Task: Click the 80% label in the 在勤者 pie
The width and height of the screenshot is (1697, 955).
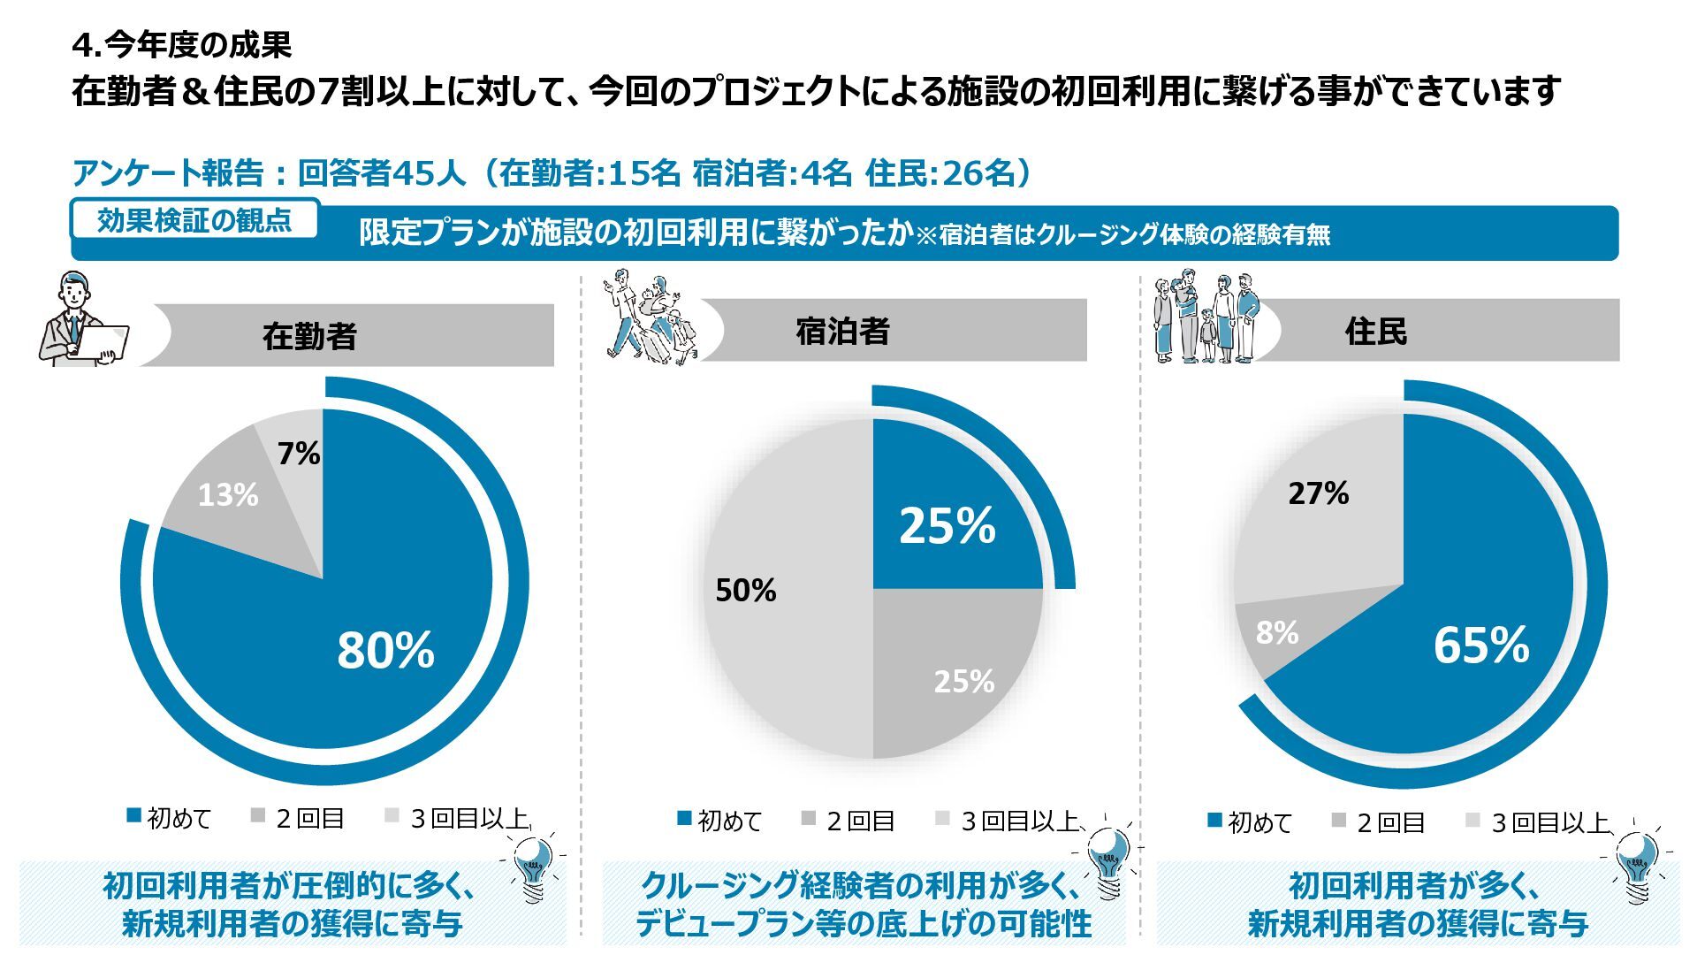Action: [x=385, y=650]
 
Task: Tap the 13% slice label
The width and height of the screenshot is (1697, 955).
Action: [x=228, y=495]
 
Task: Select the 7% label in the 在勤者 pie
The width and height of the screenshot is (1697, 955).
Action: [x=299, y=454]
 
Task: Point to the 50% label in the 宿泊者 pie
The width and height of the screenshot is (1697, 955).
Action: [x=746, y=590]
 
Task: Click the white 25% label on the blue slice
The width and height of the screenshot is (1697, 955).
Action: [x=947, y=525]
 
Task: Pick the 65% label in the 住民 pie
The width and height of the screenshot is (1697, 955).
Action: [x=1481, y=645]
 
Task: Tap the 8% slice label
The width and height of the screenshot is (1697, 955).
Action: [x=1277, y=632]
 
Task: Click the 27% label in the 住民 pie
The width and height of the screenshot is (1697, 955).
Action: [x=1318, y=493]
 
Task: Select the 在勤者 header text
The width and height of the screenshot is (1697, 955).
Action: [x=309, y=336]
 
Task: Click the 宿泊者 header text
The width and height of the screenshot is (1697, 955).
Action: [x=842, y=332]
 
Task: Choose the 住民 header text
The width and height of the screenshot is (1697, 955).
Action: [x=1376, y=332]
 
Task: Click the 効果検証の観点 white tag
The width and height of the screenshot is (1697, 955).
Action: [x=194, y=220]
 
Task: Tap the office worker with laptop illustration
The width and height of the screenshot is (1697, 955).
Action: [x=84, y=320]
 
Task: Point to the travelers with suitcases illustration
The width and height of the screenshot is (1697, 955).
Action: [x=650, y=318]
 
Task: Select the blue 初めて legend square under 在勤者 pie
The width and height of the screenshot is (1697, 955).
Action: [x=134, y=816]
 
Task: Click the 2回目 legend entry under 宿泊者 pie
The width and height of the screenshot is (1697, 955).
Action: [x=848, y=821]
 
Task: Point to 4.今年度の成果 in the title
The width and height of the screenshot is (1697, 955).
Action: [x=182, y=44]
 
